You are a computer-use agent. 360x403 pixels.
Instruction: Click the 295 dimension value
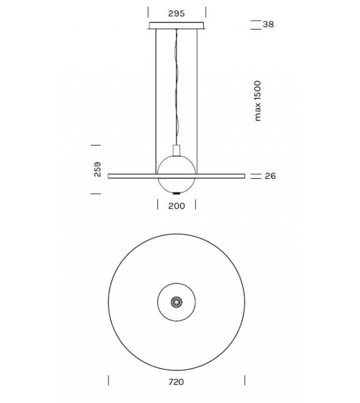point(176,13)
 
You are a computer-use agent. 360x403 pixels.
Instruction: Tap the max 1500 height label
point(258,100)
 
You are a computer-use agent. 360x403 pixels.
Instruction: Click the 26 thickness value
point(270,176)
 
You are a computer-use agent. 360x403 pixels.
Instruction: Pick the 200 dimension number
point(176,205)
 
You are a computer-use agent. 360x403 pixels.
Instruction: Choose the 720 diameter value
point(176,381)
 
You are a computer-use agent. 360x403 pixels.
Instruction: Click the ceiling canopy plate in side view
point(176,26)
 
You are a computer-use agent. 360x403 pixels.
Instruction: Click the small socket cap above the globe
point(176,150)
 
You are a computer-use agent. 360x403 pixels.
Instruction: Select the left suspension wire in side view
point(155,100)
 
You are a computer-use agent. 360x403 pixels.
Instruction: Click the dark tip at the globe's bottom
point(176,192)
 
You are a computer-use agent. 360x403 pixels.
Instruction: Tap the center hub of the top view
point(176,303)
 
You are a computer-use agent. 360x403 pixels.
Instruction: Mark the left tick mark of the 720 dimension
point(109,380)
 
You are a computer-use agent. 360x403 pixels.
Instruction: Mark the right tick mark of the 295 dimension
point(205,13)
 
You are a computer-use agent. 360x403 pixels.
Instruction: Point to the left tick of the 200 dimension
point(156,205)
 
